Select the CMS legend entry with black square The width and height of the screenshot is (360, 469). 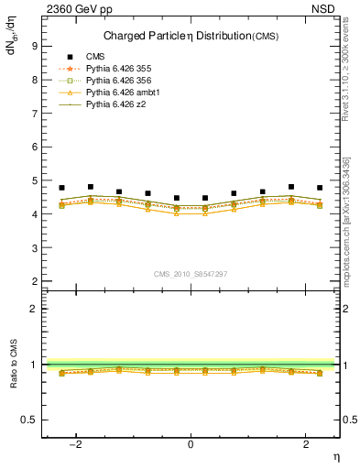click(94, 58)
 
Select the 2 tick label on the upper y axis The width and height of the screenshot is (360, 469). click(34, 281)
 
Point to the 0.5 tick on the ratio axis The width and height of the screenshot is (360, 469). click(29, 420)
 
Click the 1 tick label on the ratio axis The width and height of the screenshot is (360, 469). click(34, 365)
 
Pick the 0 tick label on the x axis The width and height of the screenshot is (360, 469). click(191, 444)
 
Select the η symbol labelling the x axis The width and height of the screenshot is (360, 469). click(335, 456)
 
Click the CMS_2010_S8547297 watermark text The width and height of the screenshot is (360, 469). click(191, 274)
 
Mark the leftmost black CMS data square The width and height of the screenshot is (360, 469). click(61, 188)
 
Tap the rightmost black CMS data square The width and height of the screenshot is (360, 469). click(320, 188)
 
